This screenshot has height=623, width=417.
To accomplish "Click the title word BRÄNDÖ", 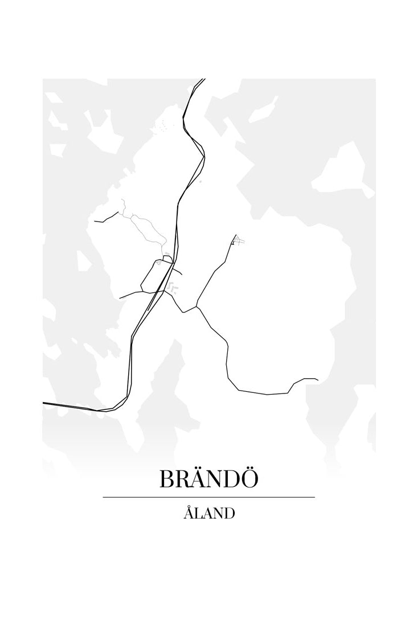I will point(208,479).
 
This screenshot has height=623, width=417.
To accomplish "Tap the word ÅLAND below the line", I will point(209,513).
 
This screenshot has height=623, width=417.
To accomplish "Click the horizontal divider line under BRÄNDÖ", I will point(208,497).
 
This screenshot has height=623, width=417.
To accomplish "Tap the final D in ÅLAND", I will point(229,514).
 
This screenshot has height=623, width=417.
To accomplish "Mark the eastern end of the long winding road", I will point(317,379).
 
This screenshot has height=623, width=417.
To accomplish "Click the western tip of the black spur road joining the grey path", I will point(95,221).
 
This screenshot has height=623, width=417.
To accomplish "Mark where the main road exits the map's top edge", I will point(203,80).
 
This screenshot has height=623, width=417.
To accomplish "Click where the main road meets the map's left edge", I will point(44,403).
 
